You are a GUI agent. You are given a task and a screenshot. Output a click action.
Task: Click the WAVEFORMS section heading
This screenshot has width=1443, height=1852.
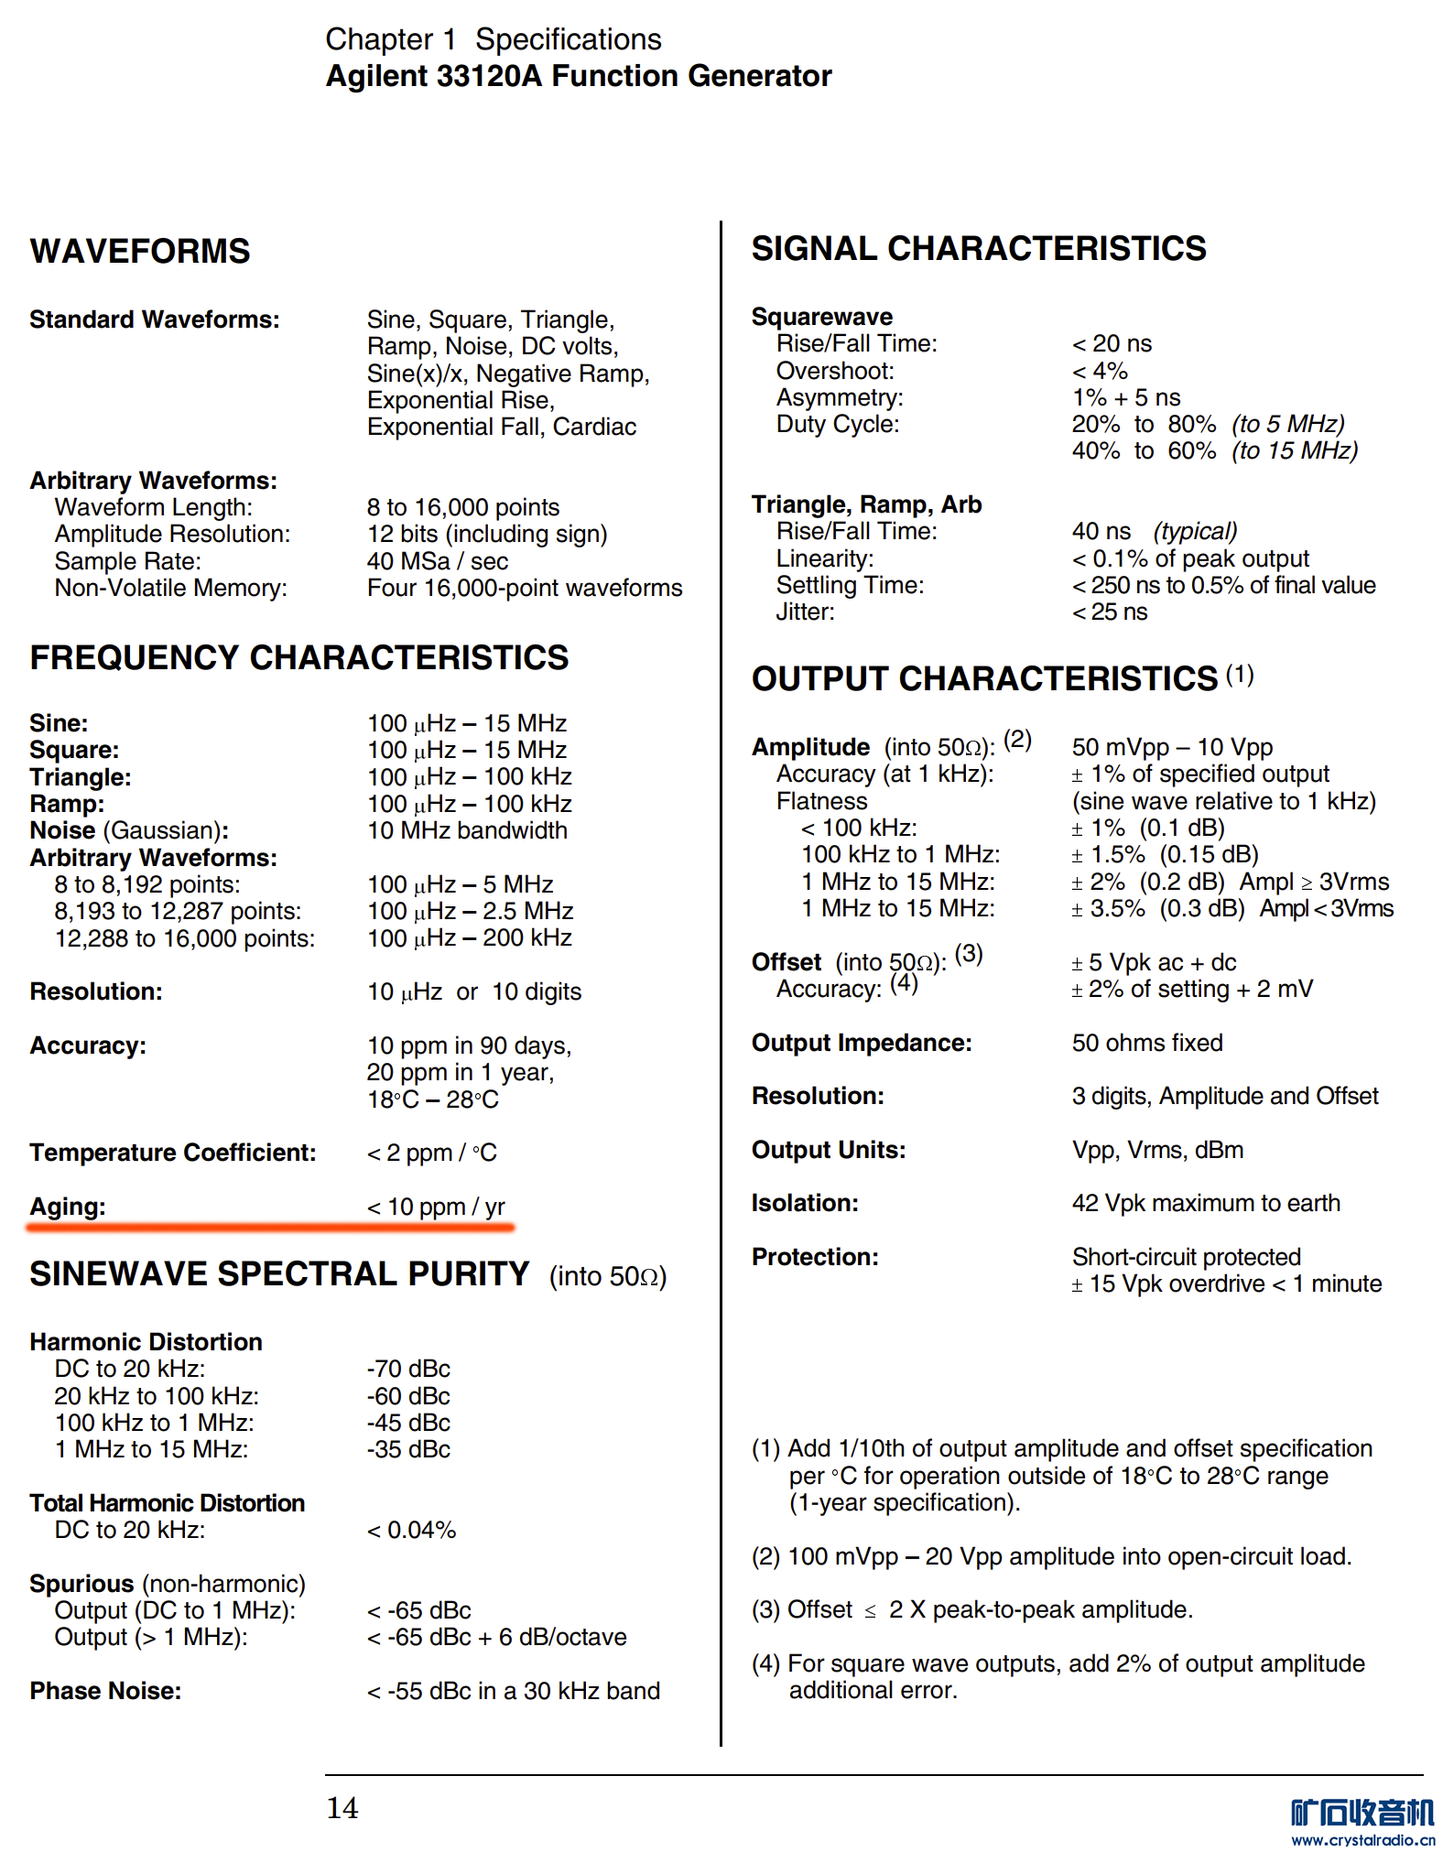pos(140,251)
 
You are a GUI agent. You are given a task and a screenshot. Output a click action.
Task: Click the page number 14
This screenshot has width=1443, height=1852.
pos(342,1807)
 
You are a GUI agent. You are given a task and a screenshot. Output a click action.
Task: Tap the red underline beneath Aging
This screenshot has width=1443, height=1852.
pos(271,1228)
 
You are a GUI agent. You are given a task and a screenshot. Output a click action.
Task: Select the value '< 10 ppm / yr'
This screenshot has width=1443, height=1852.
pos(436,1207)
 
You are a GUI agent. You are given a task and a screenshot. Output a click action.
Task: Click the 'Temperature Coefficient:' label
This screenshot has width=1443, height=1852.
pos(173,1153)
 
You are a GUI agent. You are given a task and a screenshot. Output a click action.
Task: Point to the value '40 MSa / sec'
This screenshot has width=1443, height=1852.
pos(438,561)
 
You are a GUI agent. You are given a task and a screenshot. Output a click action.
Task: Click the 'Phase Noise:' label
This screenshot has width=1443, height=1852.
pos(105,1691)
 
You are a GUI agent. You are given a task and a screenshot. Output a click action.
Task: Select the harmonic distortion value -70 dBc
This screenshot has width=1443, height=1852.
pos(408,1369)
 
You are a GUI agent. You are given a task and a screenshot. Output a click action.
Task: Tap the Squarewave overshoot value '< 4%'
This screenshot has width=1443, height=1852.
pos(1100,371)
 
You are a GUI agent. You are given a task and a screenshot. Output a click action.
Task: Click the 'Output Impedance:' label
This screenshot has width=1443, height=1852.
pos(862,1043)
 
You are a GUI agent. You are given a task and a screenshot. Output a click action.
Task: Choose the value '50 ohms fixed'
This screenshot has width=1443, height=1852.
pos(1147,1043)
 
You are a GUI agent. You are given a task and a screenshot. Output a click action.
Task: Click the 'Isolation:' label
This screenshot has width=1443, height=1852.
pos(805,1203)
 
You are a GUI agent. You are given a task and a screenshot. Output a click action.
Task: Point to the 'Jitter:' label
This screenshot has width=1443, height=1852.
pos(806,612)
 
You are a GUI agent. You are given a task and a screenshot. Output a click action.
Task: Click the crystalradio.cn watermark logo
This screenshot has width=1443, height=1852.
pos(1362,1822)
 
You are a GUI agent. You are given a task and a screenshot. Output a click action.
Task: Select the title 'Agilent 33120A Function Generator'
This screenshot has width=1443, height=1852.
pos(579,76)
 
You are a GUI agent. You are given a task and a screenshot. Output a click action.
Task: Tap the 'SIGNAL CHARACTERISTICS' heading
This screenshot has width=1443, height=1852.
pos(979,248)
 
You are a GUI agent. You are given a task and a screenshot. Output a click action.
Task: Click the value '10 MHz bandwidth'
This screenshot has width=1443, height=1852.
pos(467,830)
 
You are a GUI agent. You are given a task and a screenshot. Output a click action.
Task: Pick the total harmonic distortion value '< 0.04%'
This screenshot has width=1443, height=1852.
pos(411,1530)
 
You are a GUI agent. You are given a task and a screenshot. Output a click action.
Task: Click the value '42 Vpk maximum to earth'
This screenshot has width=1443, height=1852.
pos(1206,1203)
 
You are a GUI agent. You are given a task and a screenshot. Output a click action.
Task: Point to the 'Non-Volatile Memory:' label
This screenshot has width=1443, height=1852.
pos(171,588)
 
